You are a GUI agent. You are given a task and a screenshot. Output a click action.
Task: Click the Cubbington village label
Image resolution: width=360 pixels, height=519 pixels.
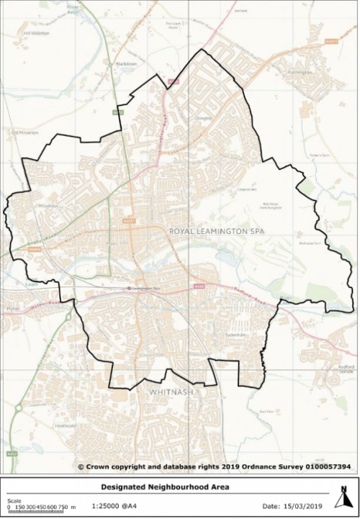click(300, 72)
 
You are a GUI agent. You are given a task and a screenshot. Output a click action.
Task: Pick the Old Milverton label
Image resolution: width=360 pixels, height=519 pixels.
click(24, 132)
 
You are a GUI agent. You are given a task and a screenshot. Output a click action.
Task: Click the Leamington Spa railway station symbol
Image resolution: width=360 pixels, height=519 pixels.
click(129, 289)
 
